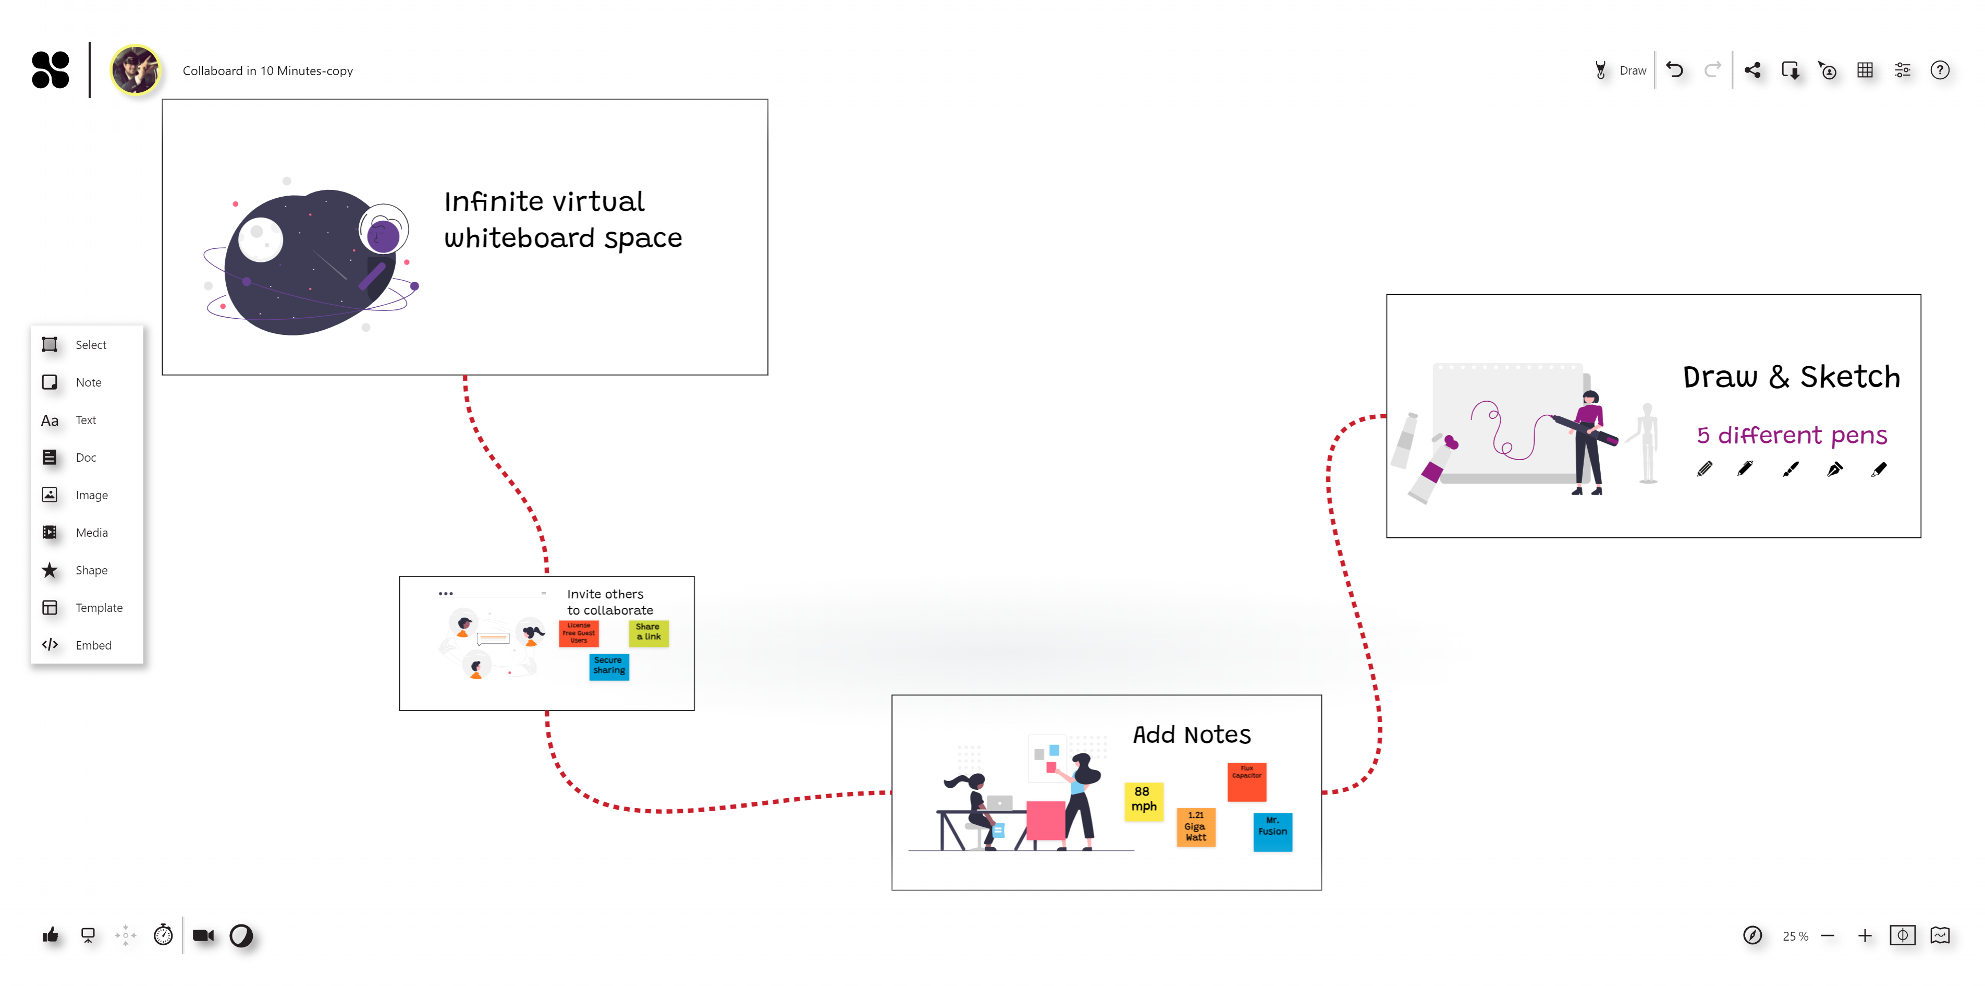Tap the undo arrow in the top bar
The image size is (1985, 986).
click(1674, 70)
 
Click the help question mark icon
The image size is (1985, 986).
click(1940, 70)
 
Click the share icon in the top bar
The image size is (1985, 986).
click(1753, 70)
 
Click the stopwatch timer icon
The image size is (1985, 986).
click(163, 935)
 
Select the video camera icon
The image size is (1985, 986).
click(203, 935)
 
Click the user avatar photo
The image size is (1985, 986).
click(136, 70)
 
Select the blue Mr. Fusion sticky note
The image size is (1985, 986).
click(1272, 831)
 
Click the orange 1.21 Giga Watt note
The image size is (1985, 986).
click(1196, 826)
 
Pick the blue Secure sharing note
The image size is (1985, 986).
click(609, 666)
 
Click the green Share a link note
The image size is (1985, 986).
click(648, 633)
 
